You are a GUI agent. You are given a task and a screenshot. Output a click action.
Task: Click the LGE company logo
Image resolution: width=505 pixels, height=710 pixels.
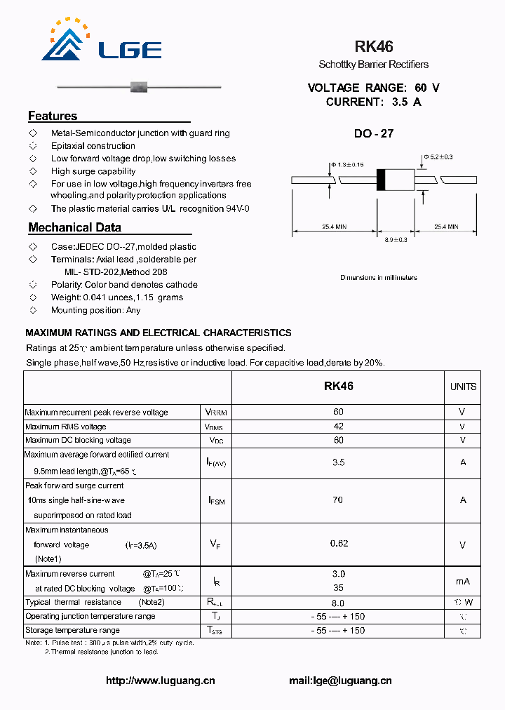point(102,41)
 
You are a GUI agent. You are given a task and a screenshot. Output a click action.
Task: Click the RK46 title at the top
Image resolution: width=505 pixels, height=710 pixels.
point(373,46)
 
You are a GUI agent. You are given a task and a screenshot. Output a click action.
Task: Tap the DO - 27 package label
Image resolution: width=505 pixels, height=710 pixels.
point(373,133)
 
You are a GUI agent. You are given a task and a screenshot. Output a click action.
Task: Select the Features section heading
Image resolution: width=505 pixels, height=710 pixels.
point(53,116)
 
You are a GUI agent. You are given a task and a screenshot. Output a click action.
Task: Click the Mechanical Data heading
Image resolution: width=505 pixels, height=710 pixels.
point(74,227)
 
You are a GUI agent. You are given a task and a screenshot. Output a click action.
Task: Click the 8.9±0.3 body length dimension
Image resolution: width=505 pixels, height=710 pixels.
point(396,240)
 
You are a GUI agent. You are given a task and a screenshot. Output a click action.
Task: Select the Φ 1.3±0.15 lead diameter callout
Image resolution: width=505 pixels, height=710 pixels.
point(346,164)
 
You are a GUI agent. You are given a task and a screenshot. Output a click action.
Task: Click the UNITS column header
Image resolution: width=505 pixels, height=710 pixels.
point(463,387)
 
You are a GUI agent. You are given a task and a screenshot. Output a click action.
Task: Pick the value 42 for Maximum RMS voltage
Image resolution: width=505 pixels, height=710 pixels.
point(338,426)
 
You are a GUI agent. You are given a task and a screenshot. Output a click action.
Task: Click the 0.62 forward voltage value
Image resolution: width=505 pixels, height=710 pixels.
point(339,543)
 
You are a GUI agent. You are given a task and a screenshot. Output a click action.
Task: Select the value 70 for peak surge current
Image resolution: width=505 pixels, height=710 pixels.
point(338,500)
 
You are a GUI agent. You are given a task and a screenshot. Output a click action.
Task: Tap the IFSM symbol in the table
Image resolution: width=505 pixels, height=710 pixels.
point(216,500)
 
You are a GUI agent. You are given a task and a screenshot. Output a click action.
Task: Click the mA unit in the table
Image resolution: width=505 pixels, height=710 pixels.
point(462,581)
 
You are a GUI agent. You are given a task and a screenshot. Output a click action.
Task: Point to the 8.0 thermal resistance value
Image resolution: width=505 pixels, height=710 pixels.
point(338,603)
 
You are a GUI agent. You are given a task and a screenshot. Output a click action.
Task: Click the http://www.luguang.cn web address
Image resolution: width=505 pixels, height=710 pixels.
point(161,680)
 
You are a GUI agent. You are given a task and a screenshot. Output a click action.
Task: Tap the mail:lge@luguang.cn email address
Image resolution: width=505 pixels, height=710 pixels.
point(340,680)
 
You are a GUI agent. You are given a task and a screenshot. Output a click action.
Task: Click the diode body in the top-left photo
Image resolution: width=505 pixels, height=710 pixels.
point(139,87)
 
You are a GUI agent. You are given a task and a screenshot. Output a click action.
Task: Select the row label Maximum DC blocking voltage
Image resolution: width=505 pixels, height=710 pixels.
point(78,440)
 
